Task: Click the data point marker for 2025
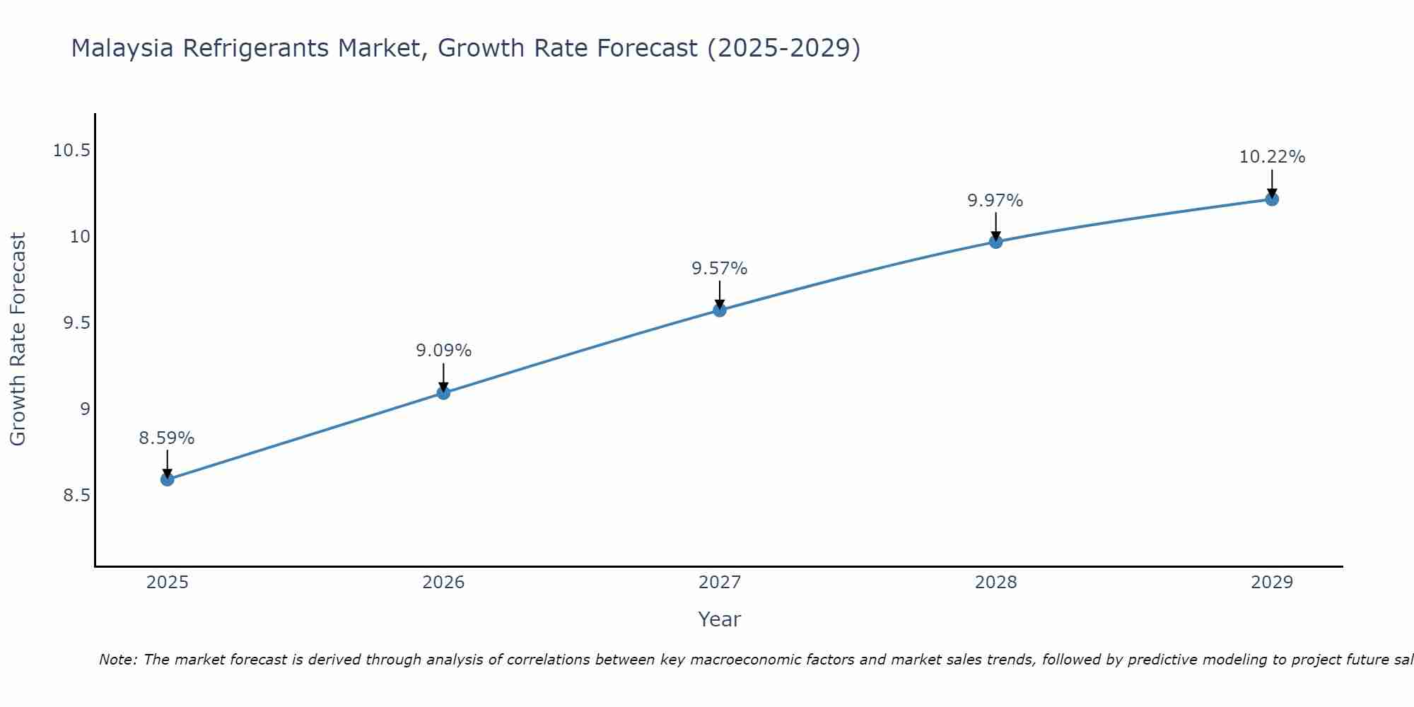[x=167, y=479]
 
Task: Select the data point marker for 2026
[x=443, y=392]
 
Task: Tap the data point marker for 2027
[x=720, y=310]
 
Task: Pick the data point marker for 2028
[x=995, y=242]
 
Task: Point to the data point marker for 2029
[x=1272, y=199]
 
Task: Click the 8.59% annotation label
[x=166, y=438]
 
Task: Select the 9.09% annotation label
[x=443, y=351]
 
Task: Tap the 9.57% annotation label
[x=719, y=269]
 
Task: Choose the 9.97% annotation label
[x=995, y=201]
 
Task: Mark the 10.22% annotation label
[x=1272, y=157]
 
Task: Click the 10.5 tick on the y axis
[x=71, y=151]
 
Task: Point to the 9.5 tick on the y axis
[x=76, y=323]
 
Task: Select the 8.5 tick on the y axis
[x=76, y=496]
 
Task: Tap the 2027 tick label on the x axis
[x=720, y=583]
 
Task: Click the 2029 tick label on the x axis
[x=1272, y=583]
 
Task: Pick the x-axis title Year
[x=719, y=619]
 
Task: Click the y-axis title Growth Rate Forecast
[x=18, y=339]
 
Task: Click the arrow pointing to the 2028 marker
[x=995, y=226]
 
